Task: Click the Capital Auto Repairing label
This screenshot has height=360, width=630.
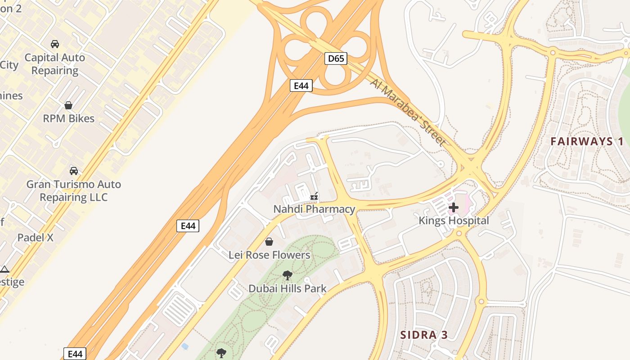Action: (x=54, y=64)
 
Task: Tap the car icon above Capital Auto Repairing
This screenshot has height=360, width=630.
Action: (x=55, y=44)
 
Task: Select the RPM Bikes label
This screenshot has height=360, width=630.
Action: (x=68, y=118)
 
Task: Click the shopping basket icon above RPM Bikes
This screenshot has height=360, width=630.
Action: (x=68, y=105)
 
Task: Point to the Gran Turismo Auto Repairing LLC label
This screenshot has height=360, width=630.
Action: (x=74, y=190)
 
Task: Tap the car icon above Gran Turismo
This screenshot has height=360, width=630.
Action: (x=74, y=171)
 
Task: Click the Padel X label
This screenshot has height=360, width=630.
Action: (x=35, y=238)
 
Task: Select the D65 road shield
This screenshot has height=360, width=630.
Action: (x=336, y=58)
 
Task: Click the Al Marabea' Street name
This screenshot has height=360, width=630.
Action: (x=409, y=112)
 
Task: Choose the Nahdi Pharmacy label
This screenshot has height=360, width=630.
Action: (x=314, y=209)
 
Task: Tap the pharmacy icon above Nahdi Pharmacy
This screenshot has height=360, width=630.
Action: (x=314, y=196)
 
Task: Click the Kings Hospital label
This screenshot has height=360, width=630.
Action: (x=454, y=220)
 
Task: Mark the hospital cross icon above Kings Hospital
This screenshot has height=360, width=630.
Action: (x=454, y=207)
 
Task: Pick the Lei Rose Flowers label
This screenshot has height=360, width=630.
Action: (x=269, y=255)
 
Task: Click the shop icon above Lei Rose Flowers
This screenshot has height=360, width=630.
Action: (x=269, y=242)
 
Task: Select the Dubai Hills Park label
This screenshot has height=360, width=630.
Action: (x=287, y=288)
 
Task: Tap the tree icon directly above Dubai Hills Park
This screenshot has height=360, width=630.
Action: (x=287, y=275)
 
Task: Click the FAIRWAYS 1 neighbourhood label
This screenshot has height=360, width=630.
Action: (x=587, y=141)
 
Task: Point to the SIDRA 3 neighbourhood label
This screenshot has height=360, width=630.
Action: (x=424, y=335)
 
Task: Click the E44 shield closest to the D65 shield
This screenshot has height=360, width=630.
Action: (x=301, y=85)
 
